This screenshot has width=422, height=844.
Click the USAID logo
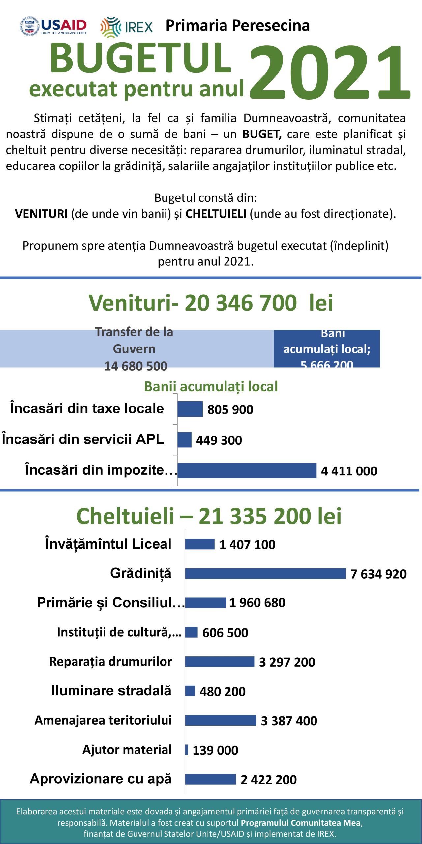[x=53, y=26]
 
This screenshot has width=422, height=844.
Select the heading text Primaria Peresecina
[x=237, y=26]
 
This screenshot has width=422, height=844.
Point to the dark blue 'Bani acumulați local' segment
[x=327, y=348]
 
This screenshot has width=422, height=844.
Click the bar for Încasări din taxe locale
[x=190, y=409]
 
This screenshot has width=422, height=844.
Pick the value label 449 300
[x=219, y=440]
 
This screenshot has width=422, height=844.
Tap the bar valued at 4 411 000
[x=247, y=470]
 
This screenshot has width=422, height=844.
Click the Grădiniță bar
[x=265, y=573]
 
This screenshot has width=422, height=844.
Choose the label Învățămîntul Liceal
[x=108, y=544]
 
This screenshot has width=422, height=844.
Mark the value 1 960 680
[x=257, y=603]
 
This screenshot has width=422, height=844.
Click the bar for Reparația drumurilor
[x=220, y=662]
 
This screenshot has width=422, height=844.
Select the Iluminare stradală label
[x=111, y=691]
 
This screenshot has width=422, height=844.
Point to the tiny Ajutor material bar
[x=187, y=750]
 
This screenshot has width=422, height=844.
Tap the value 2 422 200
[x=269, y=780]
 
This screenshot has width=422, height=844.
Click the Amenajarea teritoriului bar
[x=221, y=720]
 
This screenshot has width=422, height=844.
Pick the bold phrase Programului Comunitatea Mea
[x=301, y=823]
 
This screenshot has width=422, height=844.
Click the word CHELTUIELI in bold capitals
[x=216, y=214]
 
